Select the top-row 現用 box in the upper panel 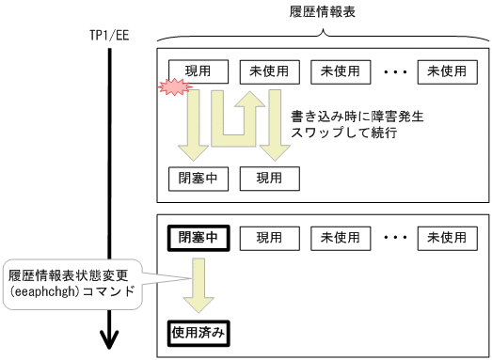point(198,70)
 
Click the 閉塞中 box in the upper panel point(198,178)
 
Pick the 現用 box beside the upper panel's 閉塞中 point(270,178)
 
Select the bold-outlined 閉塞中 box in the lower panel point(198,237)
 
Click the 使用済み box point(198,332)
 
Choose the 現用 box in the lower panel point(270,237)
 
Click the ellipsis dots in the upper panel point(394,70)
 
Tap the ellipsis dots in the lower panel point(394,237)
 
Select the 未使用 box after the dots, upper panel point(447,70)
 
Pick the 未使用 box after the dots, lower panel point(447,237)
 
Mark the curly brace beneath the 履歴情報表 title point(324,35)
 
